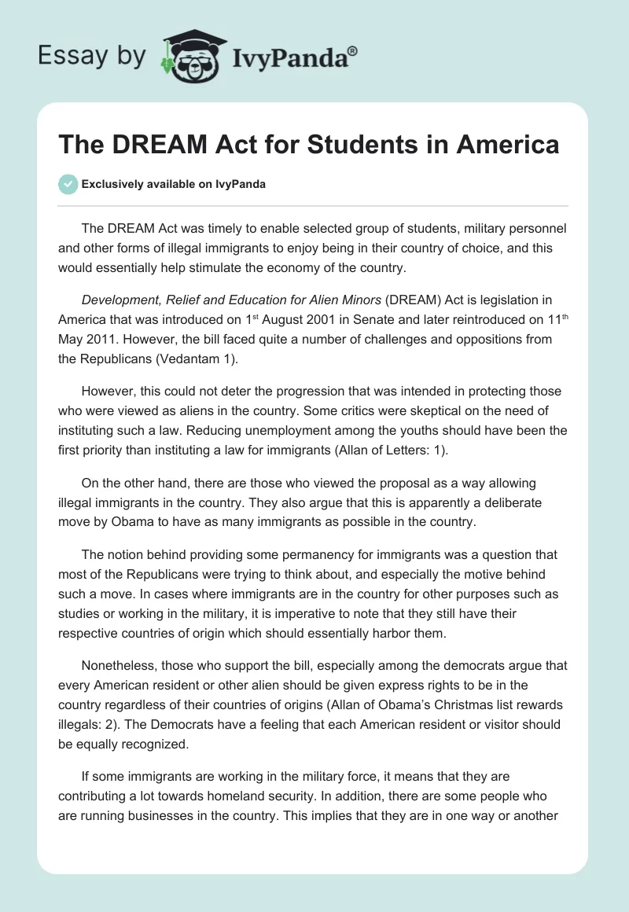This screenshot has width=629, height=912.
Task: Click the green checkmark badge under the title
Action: (x=68, y=184)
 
